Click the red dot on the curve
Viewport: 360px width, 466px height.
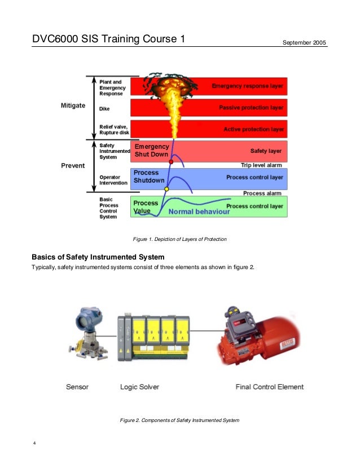pos(171,162)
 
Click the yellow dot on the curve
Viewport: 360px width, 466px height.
pos(166,189)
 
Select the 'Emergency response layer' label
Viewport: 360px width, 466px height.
pos(248,86)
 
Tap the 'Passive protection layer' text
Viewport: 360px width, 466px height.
pos(251,108)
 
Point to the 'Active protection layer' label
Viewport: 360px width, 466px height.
pos(253,129)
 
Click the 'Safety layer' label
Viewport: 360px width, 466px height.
pos(266,151)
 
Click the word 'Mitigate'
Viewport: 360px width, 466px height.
pos(73,105)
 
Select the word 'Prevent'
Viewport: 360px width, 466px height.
pos(73,166)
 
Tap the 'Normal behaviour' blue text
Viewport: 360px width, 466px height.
pos(199,212)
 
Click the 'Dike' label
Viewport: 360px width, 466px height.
pos(104,109)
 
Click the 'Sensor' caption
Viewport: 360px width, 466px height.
pos(77,387)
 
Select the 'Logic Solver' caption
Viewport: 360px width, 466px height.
pos(139,387)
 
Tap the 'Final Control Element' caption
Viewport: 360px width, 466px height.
pos(269,387)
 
